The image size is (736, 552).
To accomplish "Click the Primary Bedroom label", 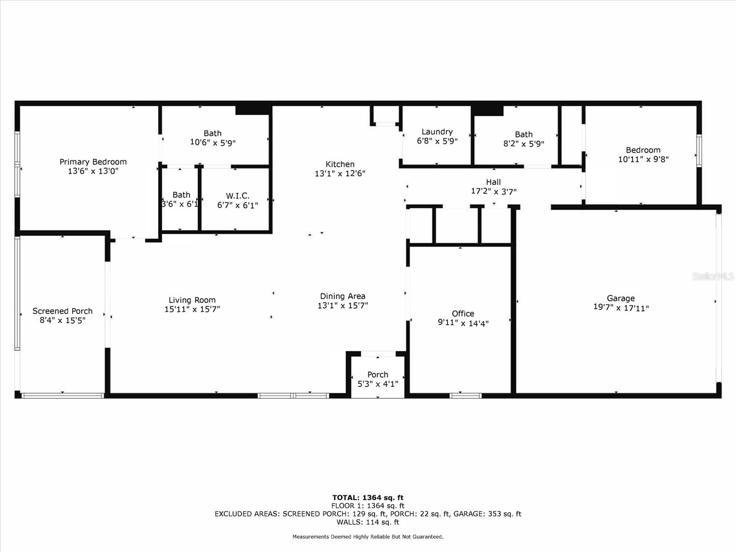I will click(93, 162).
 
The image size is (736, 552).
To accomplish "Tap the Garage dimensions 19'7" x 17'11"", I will click(621, 308).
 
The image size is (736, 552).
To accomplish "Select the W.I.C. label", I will click(237, 196).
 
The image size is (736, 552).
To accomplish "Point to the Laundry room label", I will click(437, 132).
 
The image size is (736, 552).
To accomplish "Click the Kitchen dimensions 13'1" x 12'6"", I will click(340, 173).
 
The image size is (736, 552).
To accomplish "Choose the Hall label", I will click(493, 182).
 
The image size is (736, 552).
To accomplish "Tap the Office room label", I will click(463, 314).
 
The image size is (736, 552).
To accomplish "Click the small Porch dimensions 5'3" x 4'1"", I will click(378, 384).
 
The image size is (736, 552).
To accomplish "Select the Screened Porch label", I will click(63, 311).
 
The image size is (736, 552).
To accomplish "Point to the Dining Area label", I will click(343, 296).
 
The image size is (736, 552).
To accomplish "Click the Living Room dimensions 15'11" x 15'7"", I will click(192, 309).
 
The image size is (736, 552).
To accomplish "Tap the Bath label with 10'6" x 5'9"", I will click(213, 133).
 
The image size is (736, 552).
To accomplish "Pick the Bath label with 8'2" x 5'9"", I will click(523, 134).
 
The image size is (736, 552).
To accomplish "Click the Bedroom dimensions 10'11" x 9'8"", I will click(643, 159).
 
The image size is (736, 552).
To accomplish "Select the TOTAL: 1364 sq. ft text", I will click(368, 497).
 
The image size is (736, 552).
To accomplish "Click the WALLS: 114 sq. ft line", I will click(368, 522).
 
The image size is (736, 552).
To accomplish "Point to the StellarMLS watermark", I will click(713, 276).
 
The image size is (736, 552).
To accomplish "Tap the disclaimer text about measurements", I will click(368, 537).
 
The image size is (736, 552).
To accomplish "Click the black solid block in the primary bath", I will click(253, 110).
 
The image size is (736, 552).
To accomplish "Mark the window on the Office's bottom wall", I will click(466, 396).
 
